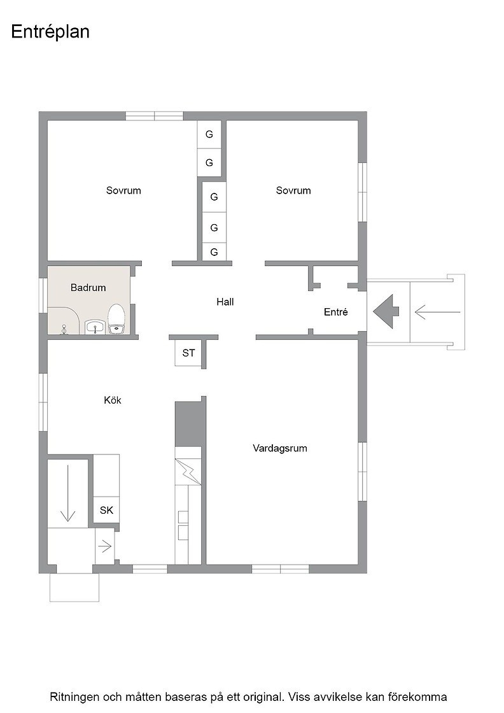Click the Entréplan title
click(x=50, y=32)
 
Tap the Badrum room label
click(x=88, y=288)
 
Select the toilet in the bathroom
click(x=116, y=319)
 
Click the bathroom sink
click(x=95, y=327)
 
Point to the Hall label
click(x=225, y=302)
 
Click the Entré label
click(x=336, y=312)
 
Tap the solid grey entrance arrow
click(x=386, y=311)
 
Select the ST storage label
click(x=188, y=353)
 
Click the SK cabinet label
click(x=106, y=510)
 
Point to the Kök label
click(x=113, y=400)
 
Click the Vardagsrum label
click(x=280, y=448)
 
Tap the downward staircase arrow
click(x=67, y=493)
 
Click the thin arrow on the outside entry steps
click(x=437, y=312)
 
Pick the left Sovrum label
click(x=123, y=190)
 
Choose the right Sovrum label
click(x=293, y=190)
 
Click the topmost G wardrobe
click(x=209, y=134)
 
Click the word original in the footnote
click(x=262, y=696)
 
